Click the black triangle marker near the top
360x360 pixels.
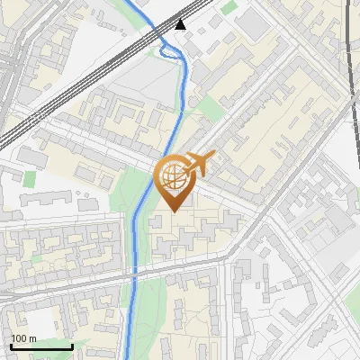point(181,23)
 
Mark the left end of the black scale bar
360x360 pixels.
point(11,347)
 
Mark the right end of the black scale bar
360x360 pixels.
point(72,347)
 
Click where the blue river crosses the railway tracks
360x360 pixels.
point(160,35)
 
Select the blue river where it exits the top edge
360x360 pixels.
point(127,2)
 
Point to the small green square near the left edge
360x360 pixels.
point(30,177)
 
